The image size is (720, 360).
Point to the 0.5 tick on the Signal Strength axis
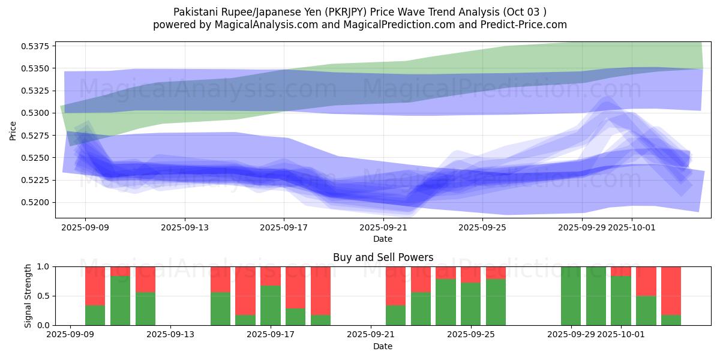point(44,296)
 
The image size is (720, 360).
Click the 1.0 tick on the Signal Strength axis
point(44,266)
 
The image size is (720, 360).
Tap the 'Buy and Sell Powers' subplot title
point(383,258)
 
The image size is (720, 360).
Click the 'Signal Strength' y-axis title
point(28,296)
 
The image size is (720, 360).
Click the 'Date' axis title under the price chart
point(383,239)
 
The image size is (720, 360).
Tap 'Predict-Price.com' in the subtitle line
point(524,25)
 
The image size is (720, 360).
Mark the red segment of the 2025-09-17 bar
point(271,276)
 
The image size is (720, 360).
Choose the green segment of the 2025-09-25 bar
point(471,304)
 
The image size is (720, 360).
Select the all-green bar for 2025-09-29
point(571,296)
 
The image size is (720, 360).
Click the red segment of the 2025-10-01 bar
point(621,271)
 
